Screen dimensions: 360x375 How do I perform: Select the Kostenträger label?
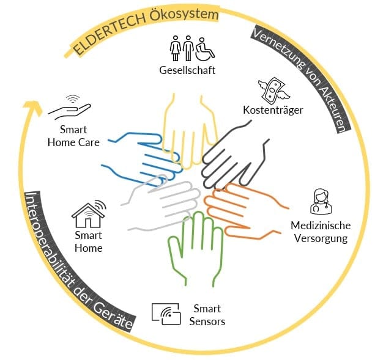pyautogui.click(x=273, y=110)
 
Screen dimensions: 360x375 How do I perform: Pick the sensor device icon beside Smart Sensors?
pyautogui.click(x=166, y=314)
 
